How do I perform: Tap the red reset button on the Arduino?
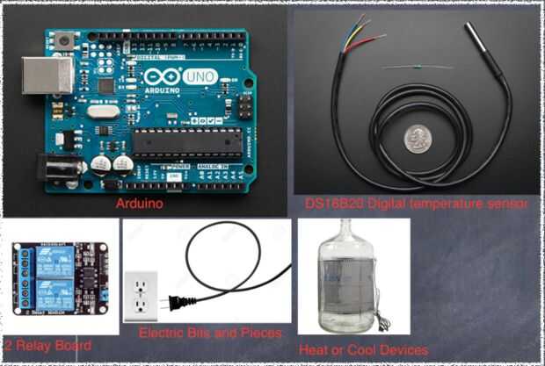63,40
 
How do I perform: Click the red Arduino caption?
140,204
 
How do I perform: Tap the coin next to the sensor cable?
417,138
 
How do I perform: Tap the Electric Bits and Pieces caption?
210,334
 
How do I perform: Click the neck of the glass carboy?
352,232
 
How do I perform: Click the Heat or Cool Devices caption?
364,349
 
